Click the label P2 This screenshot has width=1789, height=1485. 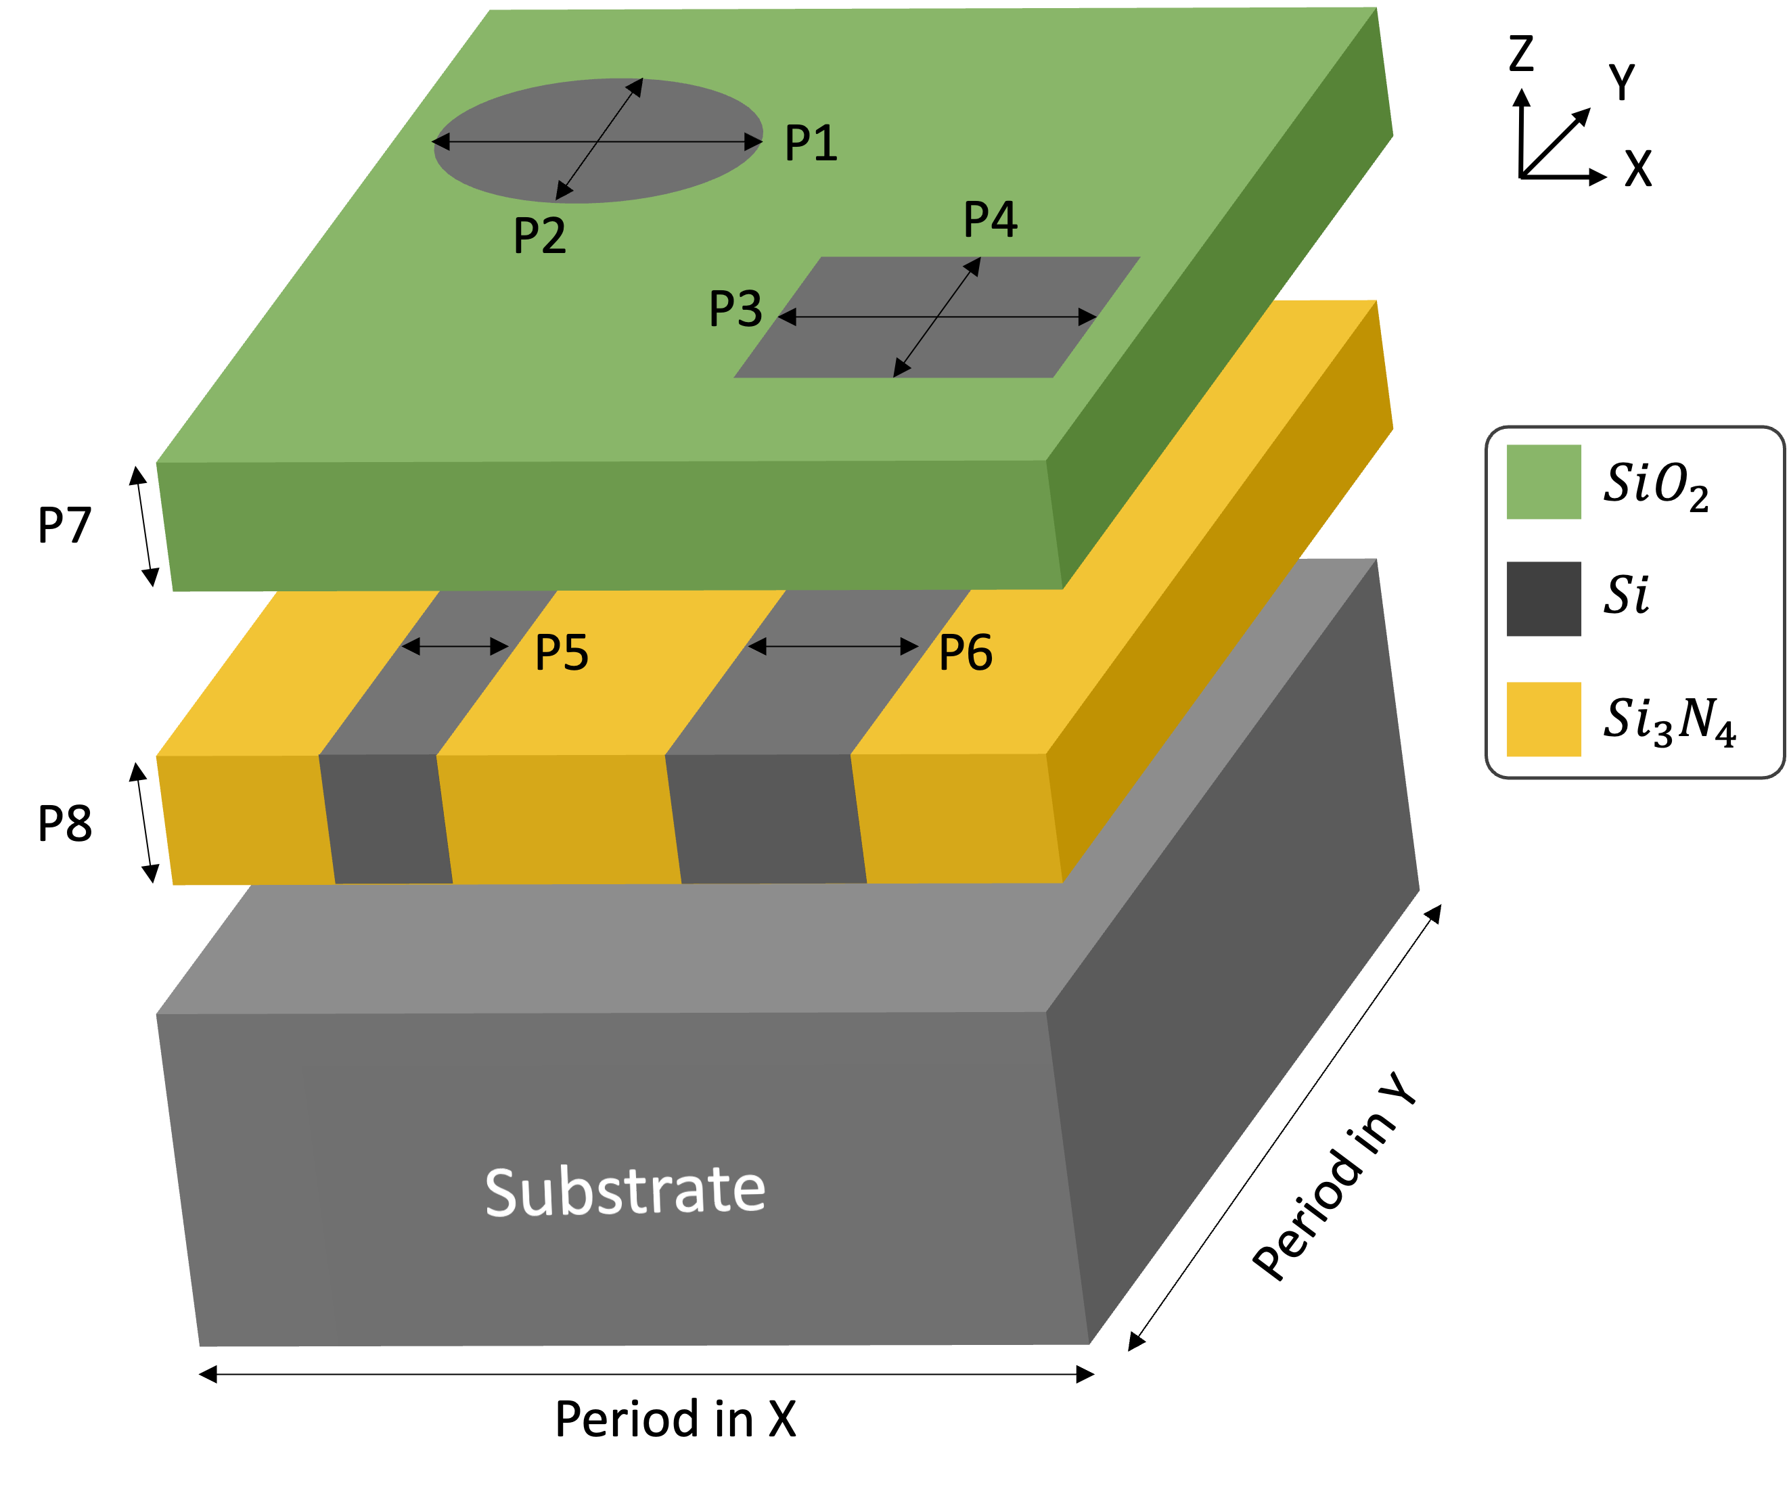pyautogui.click(x=539, y=235)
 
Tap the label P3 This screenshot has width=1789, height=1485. pyautogui.click(x=735, y=309)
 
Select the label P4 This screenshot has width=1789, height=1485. pyautogui.click(x=990, y=219)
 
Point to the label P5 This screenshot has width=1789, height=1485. pyautogui.click(x=562, y=653)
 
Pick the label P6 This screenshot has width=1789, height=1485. pyautogui.click(x=966, y=653)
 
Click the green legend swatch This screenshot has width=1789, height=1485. pyautogui.click(x=1543, y=482)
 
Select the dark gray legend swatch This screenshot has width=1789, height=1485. pyautogui.click(x=1543, y=599)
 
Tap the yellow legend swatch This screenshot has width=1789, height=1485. pyautogui.click(x=1543, y=719)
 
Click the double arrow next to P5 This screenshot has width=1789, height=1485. pyautogui.click(x=455, y=647)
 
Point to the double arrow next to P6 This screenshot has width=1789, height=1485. pyautogui.click(x=832, y=647)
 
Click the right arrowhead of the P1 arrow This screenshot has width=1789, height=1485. pyautogui.click(x=753, y=141)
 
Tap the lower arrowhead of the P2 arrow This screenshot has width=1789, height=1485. pyautogui.click(x=563, y=191)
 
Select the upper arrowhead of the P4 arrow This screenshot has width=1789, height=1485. pyautogui.click(x=973, y=267)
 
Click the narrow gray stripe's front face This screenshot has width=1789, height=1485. pyautogui.click(x=386, y=819)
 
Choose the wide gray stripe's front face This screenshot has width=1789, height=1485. pyautogui.click(x=766, y=819)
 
